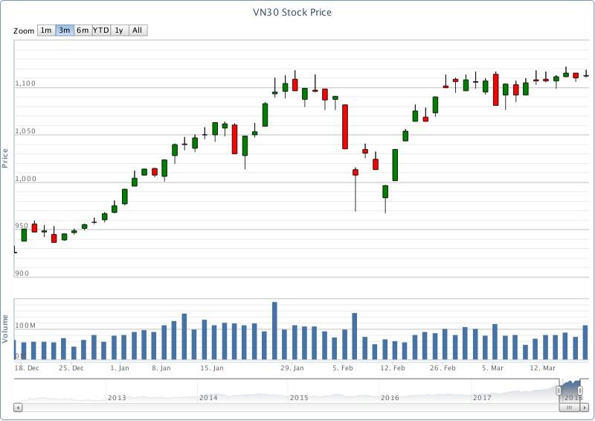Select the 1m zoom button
pyautogui.click(x=46, y=31)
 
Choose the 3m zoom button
pyautogui.click(x=65, y=31)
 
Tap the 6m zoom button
pyautogui.click(x=83, y=31)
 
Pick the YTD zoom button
pyautogui.click(x=101, y=31)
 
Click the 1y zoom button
pyautogui.click(x=119, y=31)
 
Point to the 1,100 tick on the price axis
pyautogui.click(x=25, y=83)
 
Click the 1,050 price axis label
pyautogui.click(x=25, y=131)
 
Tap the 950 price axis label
pyautogui.click(x=22, y=226)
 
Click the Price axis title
pyautogui.click(x=5, y=157)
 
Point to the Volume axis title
pyautogui.click(x=5, y=331)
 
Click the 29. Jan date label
pyautogui.click(x=292, y=368)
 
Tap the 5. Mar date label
pyautogui.click(x=493, y=368)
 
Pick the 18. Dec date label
pyautogui.click(x=27, y=368)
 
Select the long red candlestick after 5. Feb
pyautogui.click(x=345, y=127)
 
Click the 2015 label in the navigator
pyautogui.click(x=299, y=398)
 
